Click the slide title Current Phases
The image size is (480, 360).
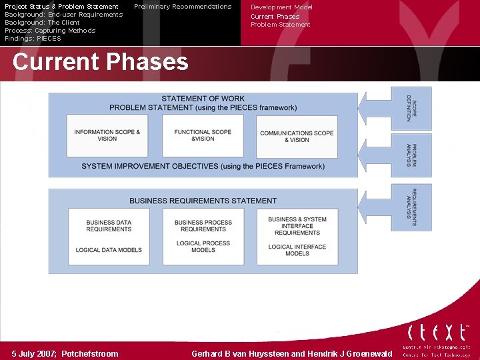(x=100, y=62)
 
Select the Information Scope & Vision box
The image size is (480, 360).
(x=107, y=135)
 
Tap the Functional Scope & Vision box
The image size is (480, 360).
(x=203, y=135)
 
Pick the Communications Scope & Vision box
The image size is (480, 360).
(x=297, y=136)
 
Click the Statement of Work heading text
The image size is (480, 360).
(x=203, y=99)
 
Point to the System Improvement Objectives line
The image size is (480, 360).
(x=203, y=166)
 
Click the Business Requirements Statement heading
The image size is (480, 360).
(x=203, y=201)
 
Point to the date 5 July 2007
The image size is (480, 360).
(x=35, y=354)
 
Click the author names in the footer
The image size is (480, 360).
(x=292, y=354)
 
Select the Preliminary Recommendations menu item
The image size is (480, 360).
(x=183, y=7)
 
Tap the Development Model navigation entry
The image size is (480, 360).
(x=281, y=7)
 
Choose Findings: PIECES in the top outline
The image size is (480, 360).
(x=33, y=39)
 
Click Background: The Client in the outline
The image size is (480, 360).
(x=42, y=23)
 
